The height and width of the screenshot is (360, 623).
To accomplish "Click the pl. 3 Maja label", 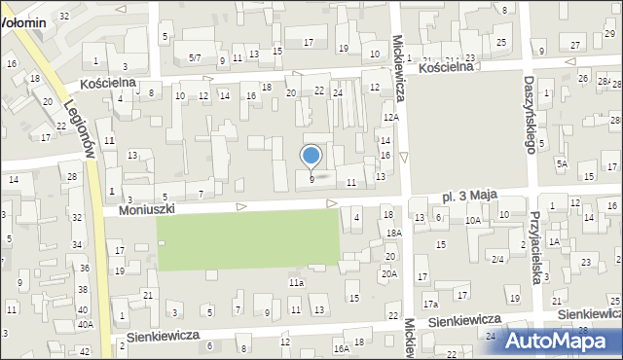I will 470,196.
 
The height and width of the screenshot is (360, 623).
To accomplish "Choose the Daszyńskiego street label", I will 531,115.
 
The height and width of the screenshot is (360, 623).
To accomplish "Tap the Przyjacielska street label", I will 535,248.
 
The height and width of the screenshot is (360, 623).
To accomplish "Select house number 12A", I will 391,117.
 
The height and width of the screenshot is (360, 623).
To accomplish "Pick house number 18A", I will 393,234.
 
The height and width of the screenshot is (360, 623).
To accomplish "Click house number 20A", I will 389,274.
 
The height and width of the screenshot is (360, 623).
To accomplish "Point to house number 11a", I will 296,282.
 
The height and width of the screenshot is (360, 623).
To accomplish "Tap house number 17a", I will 429,305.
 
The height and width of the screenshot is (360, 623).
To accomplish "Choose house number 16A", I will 341,348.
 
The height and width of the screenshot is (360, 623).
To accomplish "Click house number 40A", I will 85,325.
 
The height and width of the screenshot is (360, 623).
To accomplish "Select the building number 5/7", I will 195,59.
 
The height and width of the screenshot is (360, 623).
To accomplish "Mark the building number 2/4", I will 497,259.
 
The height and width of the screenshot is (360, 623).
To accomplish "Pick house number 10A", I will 473,221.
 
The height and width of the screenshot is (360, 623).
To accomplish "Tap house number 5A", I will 562,164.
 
